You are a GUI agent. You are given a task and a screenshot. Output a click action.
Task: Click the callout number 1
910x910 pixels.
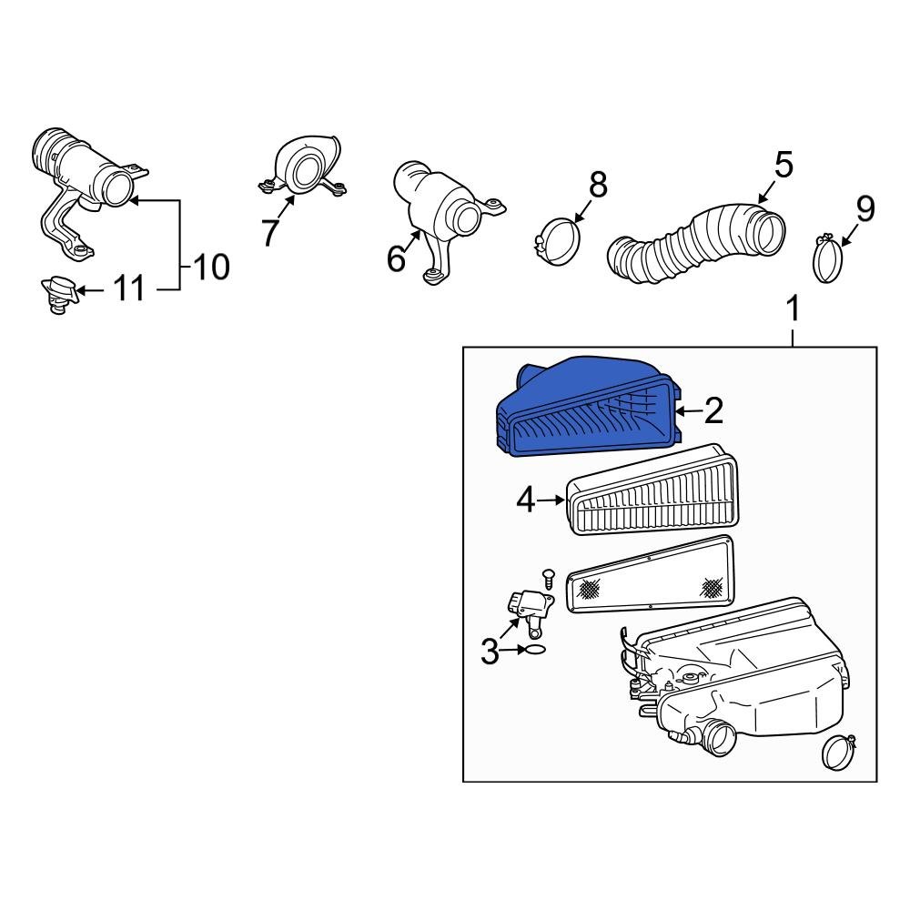pyautogui.click(x=793, y=309)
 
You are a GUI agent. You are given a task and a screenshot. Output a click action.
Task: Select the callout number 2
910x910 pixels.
pyautogui.click(x=713, y=411)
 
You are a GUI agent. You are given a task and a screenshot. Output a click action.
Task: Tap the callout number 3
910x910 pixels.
pyautogui.click(x=490, y=652)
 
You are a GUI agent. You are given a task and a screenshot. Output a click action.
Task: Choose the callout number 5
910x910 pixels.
pyautogui.click(x=784, y=165)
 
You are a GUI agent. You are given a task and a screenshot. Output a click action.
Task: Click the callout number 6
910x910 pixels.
pyautogui.click(x=396, y=258)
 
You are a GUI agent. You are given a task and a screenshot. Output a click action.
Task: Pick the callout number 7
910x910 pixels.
pyautogui.click(x=269, y=232)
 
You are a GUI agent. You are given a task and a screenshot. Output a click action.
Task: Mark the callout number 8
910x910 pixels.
pyautogui.click(x=598, y=185)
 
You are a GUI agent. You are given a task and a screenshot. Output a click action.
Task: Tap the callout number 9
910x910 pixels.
pyautogui.click(x=864, y=209)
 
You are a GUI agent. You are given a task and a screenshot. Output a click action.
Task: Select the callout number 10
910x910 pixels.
pyautogui.click(x=209, y=267)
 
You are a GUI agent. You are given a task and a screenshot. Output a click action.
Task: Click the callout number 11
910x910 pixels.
pyautogui.click(x=128, y=290)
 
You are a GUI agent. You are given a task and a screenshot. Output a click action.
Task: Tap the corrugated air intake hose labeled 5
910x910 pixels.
pyautogui.click(x=696, y=241)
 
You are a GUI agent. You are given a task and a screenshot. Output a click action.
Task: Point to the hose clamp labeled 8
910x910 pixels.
pyautogui.click(x=555, y=239)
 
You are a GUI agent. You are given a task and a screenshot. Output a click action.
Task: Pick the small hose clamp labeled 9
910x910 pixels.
pyautogui.click(x=829, y=259)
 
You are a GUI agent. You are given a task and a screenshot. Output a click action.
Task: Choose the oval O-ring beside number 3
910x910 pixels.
pyautogui.click(x=535, y=650)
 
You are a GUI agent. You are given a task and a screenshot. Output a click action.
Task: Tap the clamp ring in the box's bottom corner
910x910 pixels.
pyautogui.click(x=837, y=753)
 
